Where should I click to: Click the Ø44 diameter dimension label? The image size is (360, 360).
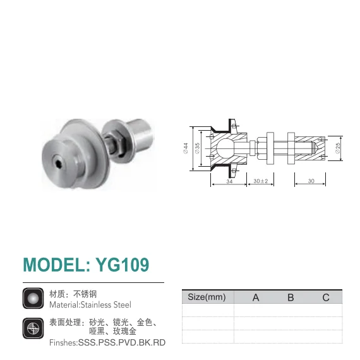tap(186, 148)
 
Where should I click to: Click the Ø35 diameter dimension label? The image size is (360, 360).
tap(197, 148)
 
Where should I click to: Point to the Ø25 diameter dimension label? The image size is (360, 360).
tap(337, 148)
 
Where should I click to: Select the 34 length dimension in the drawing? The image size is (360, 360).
tap(229, 181)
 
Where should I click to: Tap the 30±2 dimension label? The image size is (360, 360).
tap(261, 181)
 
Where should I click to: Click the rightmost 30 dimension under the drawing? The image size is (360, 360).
tap(311, 181)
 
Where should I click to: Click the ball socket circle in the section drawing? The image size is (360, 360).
tap(225, 148)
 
